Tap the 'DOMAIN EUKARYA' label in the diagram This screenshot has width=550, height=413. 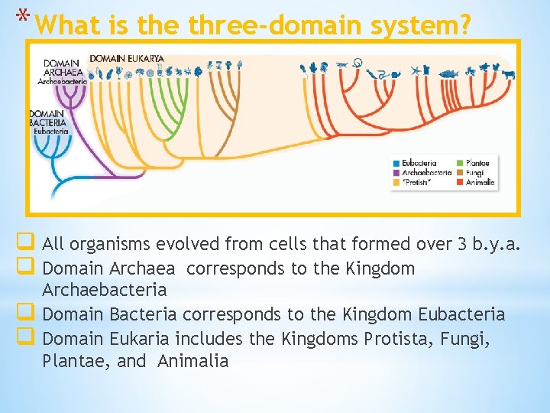(x=127, y=58)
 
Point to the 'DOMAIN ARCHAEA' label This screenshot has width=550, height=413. (x=60, y=68)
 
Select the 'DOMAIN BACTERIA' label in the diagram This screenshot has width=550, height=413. (x=48, y=119)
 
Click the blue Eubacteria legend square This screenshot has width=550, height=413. (x=396, y=163)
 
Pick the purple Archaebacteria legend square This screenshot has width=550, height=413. (x=396, y=173)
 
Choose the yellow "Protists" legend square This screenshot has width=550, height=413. (x=396, y=183)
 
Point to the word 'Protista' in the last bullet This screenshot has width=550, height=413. (x=395, y=338)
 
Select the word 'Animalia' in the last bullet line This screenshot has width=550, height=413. (x=192, y=361)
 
